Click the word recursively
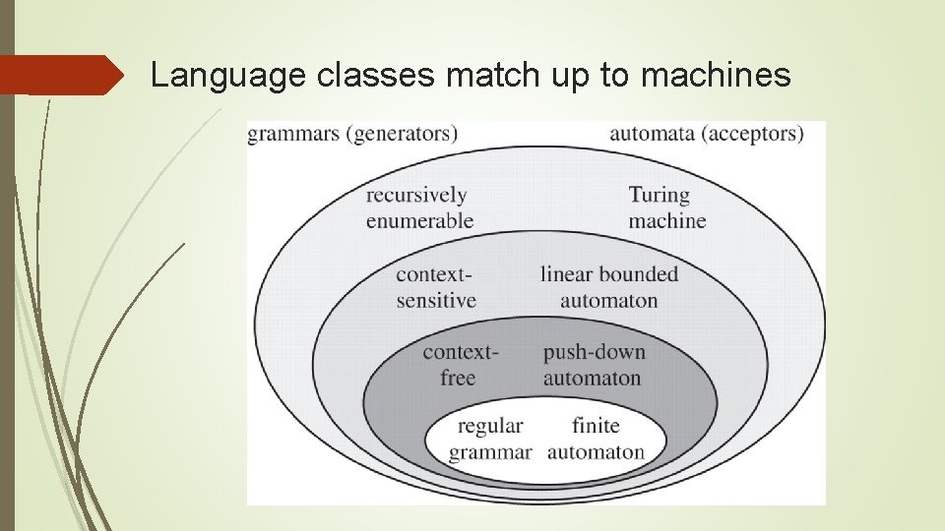coord(416,195)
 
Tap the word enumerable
coord(419,220)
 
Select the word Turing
coord(659,195)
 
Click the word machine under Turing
coord(667,220)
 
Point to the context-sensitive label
coord(436,287)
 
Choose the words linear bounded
coord(609,274)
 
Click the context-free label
coord(460,365)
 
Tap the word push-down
coord(594,352)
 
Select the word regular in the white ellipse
coord(490,426)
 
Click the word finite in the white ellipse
coord(596,426)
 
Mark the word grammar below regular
coord(490,452)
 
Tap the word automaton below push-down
coord(592,378)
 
